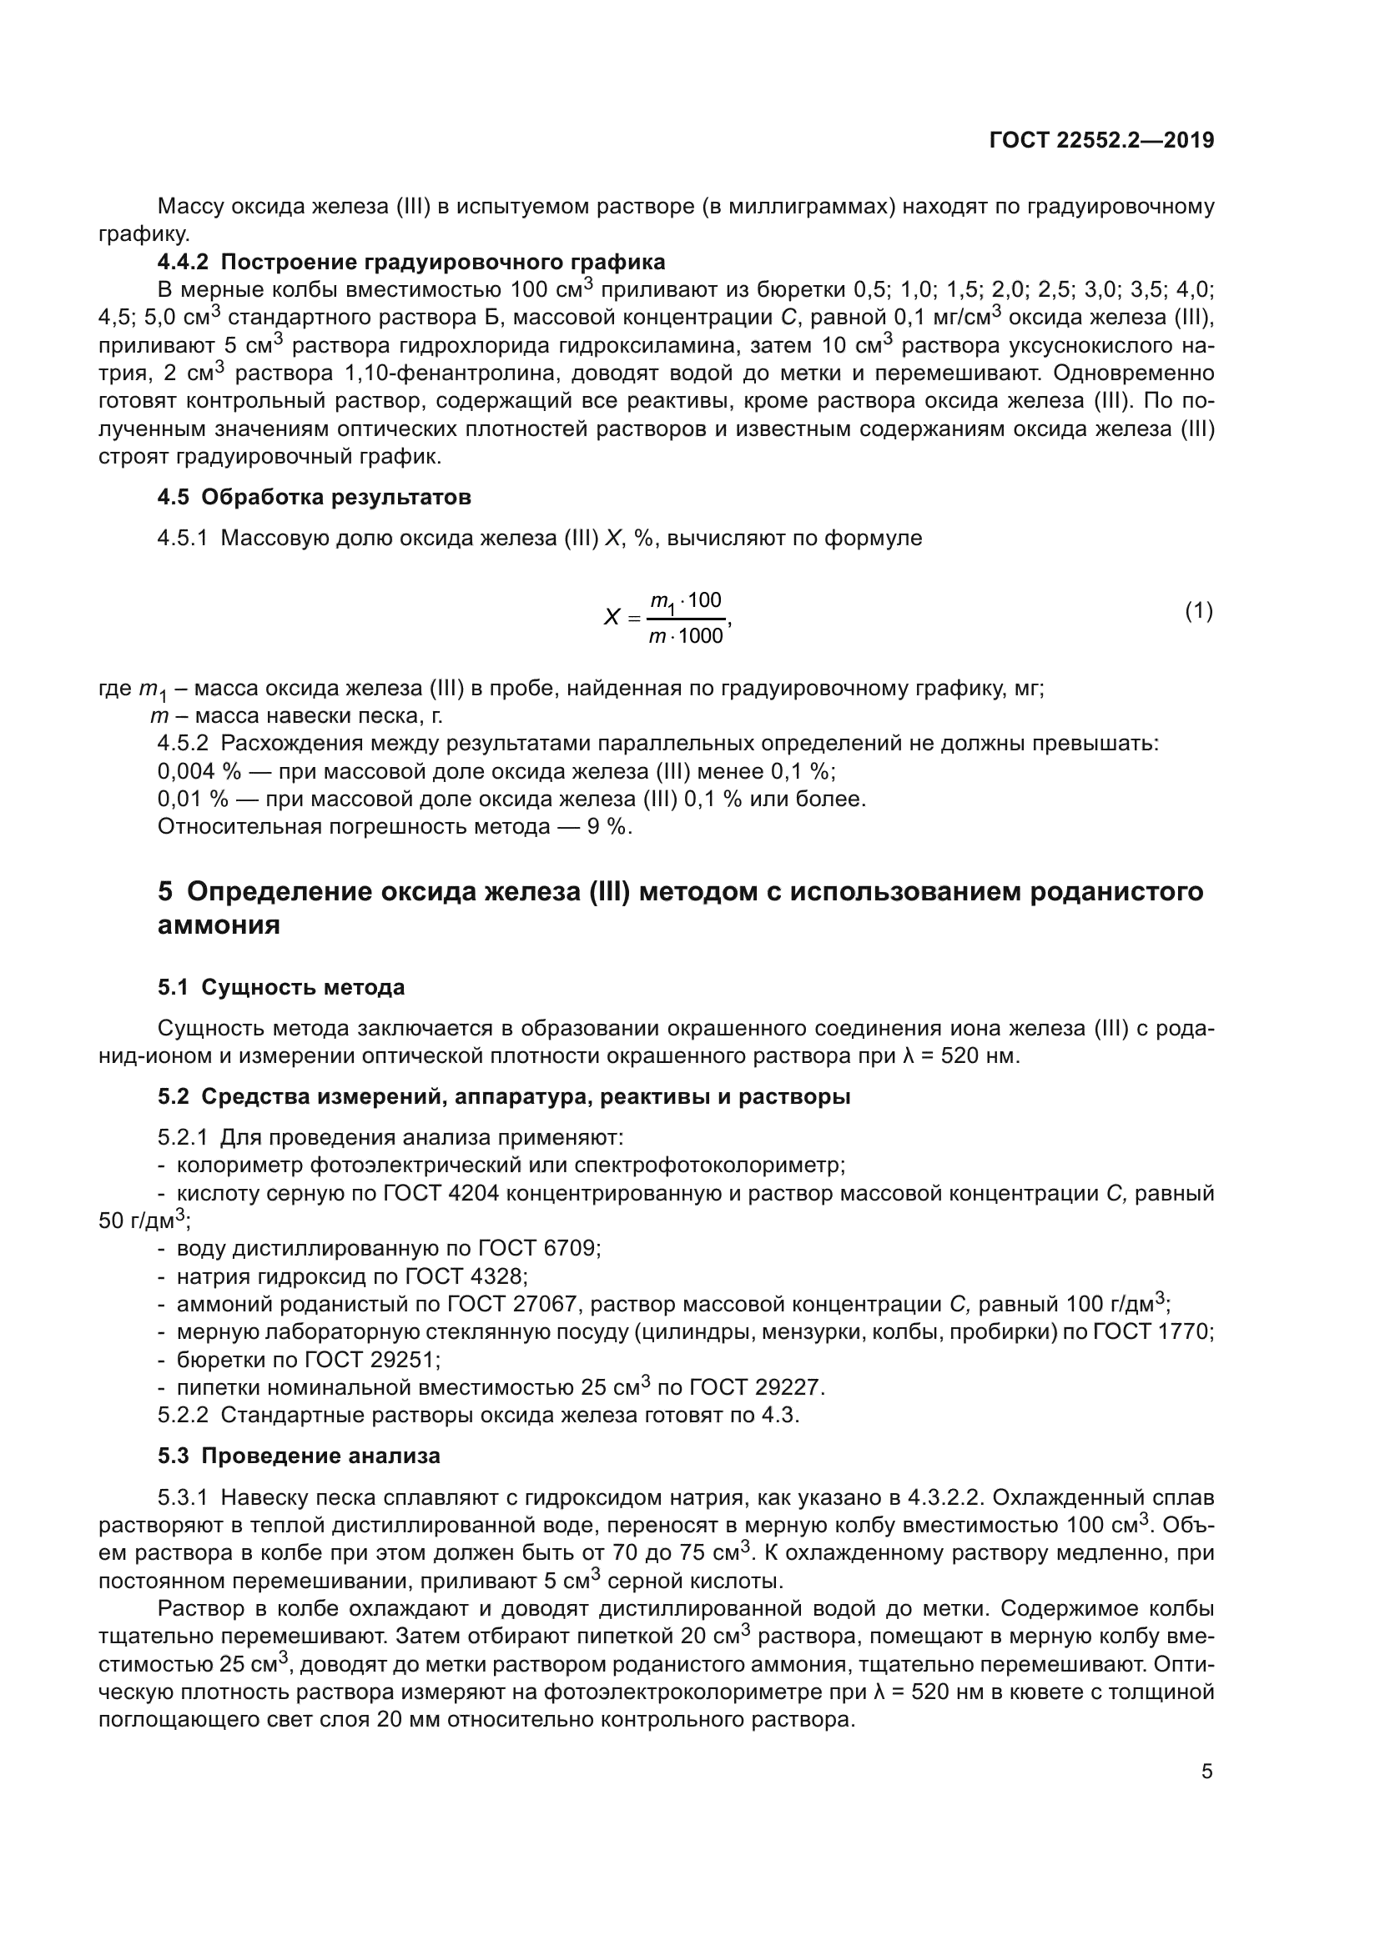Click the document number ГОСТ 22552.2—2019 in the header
point(1101,140)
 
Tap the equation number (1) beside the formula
point(1198,610)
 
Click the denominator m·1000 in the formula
point(686,635)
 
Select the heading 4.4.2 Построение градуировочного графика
point(411,262)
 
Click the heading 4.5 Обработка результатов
point(315,497)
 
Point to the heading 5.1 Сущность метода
point(281,988)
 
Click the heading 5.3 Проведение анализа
point(300,1456)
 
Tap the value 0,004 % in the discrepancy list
point(199,771)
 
